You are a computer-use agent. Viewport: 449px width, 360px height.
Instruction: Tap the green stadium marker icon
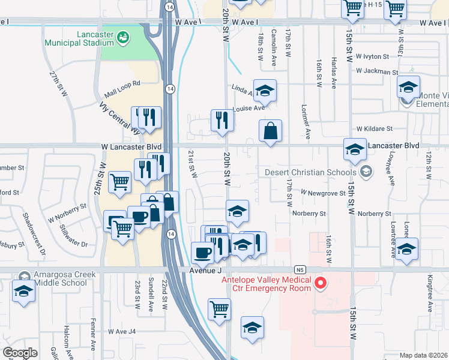pyautogui.click(x=124, y=37)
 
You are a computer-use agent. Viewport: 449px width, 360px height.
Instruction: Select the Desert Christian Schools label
pyautogui.click(x=310, y=173)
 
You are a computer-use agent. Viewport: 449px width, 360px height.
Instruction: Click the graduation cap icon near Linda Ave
pyautogui.click(x=265, y=91)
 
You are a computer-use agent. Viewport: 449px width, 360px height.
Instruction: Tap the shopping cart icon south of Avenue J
pyautogui.click(x=219, y=309)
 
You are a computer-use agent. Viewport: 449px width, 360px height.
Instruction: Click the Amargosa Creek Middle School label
pyautogui.click(x=56, y=278)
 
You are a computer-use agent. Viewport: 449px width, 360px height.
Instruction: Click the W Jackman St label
pyautogui.click(x=376, y=71)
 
